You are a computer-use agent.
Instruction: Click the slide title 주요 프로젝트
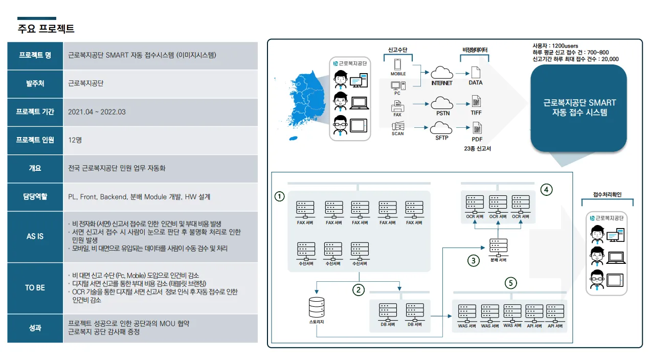(x=46, y=28)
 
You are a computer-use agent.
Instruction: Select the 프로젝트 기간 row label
(x=35, y=112)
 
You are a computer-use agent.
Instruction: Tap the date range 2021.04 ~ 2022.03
(x=97, y=112)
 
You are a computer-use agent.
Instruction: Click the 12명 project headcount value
(x=75, y=140)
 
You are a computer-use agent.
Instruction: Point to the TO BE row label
(x=35, y=288)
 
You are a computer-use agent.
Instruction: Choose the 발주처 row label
(x=35, y=83)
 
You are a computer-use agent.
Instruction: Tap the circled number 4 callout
(x=547, y=190)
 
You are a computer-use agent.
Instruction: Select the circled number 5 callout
(x=510, y=282)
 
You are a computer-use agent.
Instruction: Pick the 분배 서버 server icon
(x=498, y=247)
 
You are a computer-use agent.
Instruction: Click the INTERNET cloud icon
(x=441, y=72)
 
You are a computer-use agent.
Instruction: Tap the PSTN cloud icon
(x=442, y=102)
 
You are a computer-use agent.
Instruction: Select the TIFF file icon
(x=476, y=101)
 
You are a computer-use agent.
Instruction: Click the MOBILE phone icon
(x=398, y=64)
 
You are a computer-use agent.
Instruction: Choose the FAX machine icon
(x=397, y=106)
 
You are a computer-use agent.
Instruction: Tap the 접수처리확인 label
(x=607, y=195)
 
